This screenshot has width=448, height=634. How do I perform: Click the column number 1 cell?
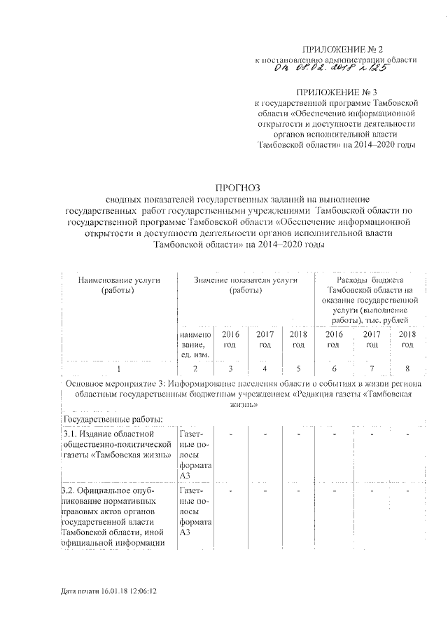point(119,368)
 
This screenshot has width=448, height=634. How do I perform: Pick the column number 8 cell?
point(406,368)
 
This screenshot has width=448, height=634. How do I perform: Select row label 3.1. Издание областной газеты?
point(116,446)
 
